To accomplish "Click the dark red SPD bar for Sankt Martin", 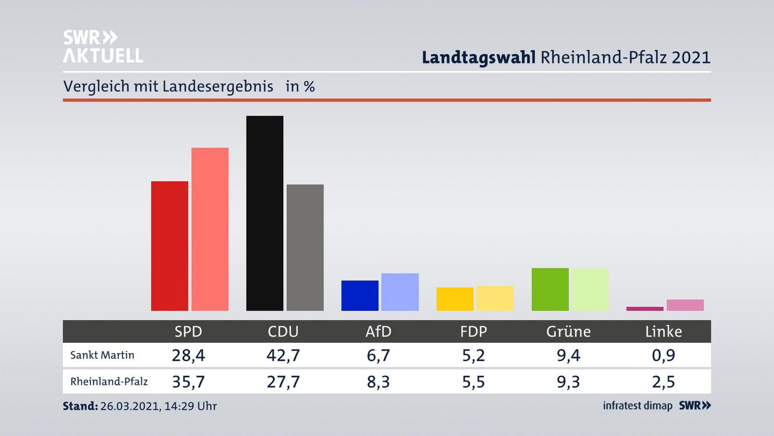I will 169,246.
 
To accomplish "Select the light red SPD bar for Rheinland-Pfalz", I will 210,229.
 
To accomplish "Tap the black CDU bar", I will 264,213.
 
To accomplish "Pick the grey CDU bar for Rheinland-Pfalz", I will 305,248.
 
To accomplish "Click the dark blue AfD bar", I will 360,296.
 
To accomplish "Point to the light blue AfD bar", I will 400,292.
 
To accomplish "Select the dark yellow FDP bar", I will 455,299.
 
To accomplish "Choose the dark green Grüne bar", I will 550,289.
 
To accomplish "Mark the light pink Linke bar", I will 685,305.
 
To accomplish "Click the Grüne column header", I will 568,332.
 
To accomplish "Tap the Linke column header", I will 663,332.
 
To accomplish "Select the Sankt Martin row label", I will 102,355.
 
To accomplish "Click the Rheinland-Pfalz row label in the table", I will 109,382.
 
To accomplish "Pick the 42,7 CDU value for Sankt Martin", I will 283,355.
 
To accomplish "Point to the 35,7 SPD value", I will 188,382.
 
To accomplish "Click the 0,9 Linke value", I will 663,355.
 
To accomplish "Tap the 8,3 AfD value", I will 378,382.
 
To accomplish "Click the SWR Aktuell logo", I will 103,46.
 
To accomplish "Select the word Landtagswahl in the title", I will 478,57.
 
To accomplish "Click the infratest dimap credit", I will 637,406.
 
